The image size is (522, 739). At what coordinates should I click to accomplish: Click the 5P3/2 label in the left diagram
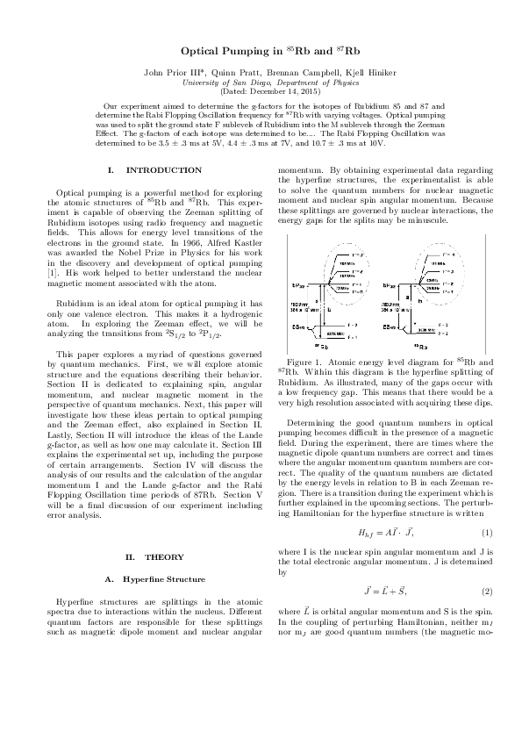click(297, 285)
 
